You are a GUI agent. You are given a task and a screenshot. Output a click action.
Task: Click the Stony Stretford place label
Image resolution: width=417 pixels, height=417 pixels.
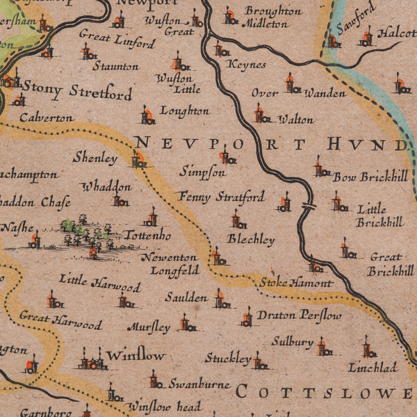[x=76, y=90]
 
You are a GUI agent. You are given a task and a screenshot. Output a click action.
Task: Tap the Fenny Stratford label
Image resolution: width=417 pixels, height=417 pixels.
[x=221, y=197]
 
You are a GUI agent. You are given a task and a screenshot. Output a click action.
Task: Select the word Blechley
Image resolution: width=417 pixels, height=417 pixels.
[x=251, y=239]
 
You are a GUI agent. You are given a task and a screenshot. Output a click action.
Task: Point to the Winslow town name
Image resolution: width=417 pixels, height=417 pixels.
[x=136, y=355]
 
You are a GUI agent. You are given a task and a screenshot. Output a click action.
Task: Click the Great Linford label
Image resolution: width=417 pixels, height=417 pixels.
[x=117, y=38]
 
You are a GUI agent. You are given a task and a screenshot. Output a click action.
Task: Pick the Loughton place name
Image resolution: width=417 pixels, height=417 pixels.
[x=184, y=111]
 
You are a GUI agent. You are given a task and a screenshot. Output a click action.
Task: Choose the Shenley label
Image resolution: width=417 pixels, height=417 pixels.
[x=95, y=158]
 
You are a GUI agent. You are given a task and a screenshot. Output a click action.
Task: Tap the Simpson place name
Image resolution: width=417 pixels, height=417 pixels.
[x=202, y=171]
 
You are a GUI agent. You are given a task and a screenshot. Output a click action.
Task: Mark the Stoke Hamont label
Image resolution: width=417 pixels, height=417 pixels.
[x=296, y=283]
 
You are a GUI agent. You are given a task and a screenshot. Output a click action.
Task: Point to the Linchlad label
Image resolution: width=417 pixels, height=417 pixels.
[x=373, y=367]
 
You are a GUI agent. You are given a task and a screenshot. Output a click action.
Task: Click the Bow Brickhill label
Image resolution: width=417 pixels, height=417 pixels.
[x=370, y=177]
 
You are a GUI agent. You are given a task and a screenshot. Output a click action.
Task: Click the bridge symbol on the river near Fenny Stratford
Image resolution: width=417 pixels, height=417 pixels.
[x=309, y=206]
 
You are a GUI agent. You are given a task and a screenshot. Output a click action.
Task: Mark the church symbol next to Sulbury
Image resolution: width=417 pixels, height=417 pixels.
[x=322, y=346]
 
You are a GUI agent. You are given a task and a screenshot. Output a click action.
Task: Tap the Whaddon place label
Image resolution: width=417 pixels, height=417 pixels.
[x=106, y=186]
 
